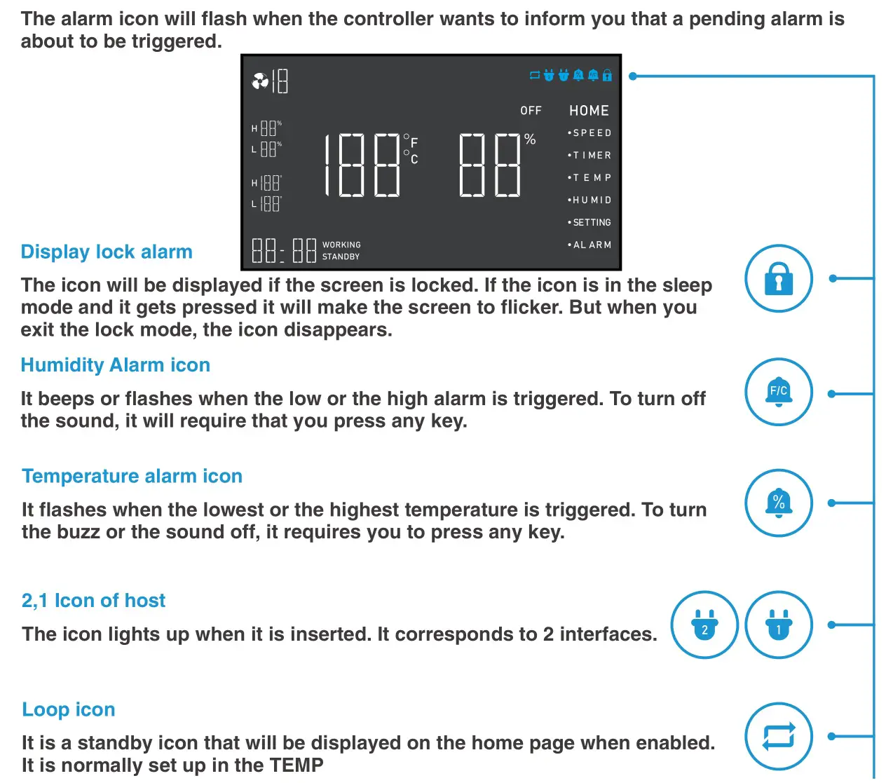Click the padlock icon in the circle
tap(778, 278)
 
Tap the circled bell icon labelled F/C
tap(778, 392)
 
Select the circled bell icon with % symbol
tap(778, 503)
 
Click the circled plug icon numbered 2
tap(704, 625)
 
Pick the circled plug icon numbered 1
tap(778, 625)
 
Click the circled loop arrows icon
tap(778, 736)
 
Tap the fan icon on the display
tap(260, 82)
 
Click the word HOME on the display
tap(589, 111)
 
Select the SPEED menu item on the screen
tap(591, 133)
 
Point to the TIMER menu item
tap(591, 156)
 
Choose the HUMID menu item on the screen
tap(591, 200)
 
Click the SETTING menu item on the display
tap(591, 223)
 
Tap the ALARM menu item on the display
tap(591, 245)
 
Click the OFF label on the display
tap(531, 111)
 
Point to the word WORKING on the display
tap(341, 245)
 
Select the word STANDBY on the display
tap(341, 257)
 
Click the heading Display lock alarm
tap(107, 252)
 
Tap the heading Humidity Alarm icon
tap(116, 365)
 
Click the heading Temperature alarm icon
tap(132, 476)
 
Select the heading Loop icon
tap(69, 709)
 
